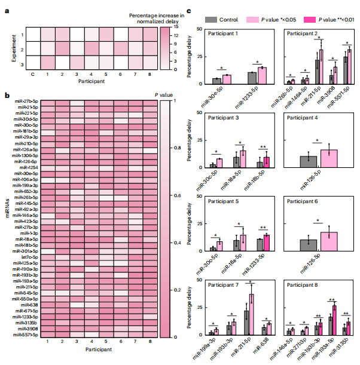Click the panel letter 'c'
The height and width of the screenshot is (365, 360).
(189, 11)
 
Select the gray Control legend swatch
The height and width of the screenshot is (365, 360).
(211, 19)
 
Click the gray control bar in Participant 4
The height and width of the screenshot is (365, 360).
(309, 163)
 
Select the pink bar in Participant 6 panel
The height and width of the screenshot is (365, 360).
(329, 242)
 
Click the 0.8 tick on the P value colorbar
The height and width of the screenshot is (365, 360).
(165, 147)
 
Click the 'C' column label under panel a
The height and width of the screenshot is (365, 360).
(32, 75)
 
